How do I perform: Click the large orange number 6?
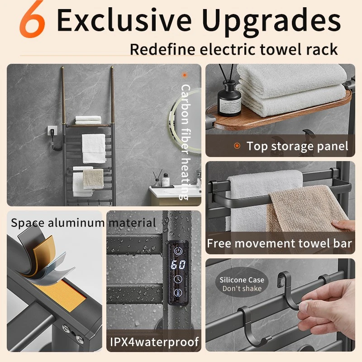(x=32, y=19)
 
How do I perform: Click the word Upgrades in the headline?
(x=271, y=21)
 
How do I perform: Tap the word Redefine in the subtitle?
(x=162, y=49)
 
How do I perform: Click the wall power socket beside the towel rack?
(x=52, y=132)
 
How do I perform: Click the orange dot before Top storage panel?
(x=237, y=146)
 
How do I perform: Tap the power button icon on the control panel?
(x=178, y=251)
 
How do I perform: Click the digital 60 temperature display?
(x=178, y=265)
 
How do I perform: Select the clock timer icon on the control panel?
(x=178, y=279)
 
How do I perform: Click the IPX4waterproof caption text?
(x=154, y=342)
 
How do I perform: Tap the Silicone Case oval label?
(x=242, y=284)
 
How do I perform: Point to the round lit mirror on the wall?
(x=185, y=121)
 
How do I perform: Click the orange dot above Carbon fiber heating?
(x=185, y=75)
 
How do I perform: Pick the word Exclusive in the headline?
(x=124, y=20)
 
